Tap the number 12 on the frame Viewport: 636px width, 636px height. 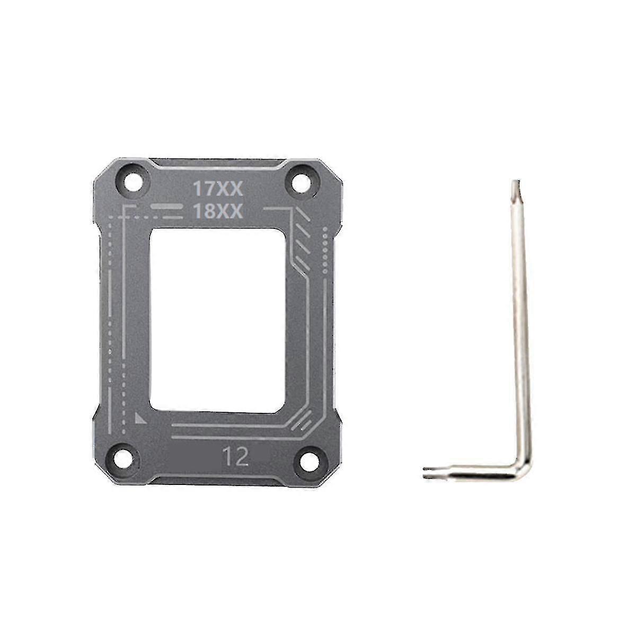pyautogui.click(x=236, y=457)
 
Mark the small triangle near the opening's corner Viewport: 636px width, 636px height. pyautogui.click(x=140, y=418)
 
